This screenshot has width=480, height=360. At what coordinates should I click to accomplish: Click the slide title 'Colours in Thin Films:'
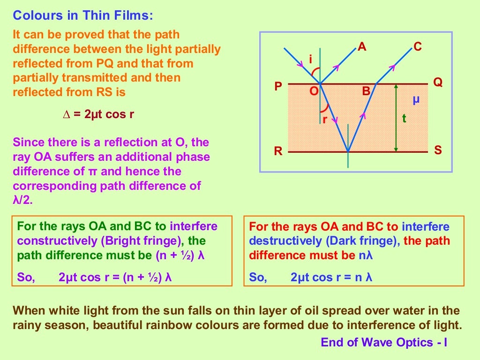click(83, 15)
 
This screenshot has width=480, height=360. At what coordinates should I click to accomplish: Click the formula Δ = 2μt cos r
click(98, 114)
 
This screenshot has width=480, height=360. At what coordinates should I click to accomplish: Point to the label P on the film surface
click(278, 87)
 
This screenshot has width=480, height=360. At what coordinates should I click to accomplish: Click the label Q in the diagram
click(438, 82)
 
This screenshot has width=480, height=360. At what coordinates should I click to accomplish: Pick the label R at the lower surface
click(278, 151)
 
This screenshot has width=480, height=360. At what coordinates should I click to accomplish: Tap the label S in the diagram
click(438, 151)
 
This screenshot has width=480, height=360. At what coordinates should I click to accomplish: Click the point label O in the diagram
click(314, 91)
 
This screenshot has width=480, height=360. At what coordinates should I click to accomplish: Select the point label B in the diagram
click(366, 91)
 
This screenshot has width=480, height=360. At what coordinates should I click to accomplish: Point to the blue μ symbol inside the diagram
click(416, 100)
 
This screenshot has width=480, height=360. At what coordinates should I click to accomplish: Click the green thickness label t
click(404, 118)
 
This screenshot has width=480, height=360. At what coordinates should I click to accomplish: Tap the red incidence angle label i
click(310, 60)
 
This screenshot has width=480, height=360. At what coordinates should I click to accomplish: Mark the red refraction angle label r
click(324, 120)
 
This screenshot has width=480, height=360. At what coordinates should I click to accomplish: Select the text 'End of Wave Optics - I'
click(384, 343)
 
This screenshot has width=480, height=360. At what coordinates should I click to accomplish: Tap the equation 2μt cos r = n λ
click(331, 277)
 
